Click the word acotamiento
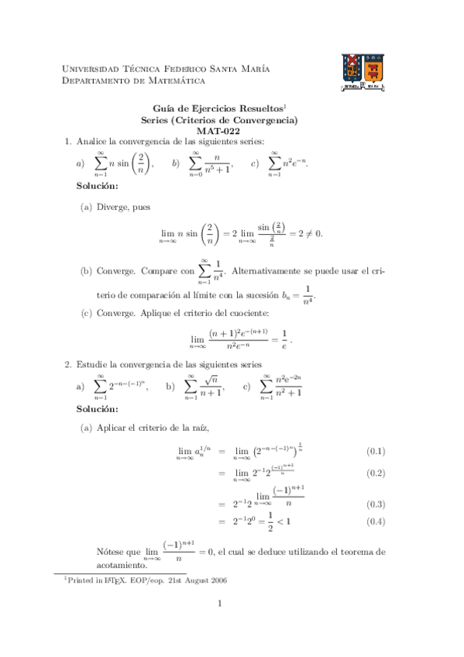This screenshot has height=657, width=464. (122, 565)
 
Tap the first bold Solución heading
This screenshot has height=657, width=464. (98, 187)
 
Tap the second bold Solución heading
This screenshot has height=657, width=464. (98, 408)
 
